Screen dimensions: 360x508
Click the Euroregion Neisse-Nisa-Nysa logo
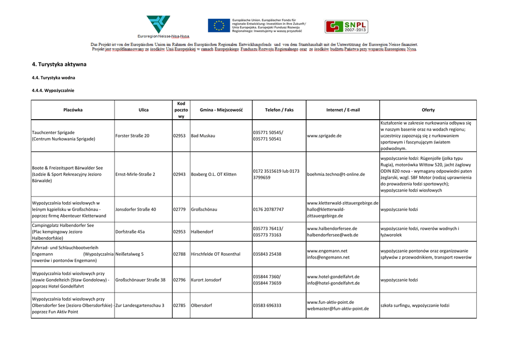[x=158, y=26]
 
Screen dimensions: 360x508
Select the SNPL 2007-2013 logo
[x=346, y=27]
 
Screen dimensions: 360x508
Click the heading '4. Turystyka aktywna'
[x=59, y=65]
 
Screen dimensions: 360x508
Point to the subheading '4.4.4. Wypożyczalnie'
[x=53, y=90]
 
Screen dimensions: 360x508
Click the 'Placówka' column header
[x=73, y=110]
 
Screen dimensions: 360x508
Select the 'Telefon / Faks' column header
[x=279, y=110]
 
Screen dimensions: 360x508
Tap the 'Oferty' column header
[x=428, y=110]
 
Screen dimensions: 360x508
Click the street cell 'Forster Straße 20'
[x=132, y=136]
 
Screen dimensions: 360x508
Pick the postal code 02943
[x=179, y=174]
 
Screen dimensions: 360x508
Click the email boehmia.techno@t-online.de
[x=336, y=174]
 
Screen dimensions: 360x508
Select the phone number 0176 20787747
[x=268, y=210]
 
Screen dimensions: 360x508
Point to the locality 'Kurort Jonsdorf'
[x=206, y=280]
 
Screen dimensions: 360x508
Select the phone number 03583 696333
[x=267, y=305]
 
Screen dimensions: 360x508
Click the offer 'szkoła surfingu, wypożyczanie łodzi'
[x=415, y=305]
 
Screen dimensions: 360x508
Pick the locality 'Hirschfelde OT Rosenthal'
[x=215, y=254]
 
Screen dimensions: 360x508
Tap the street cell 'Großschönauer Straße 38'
[x=140, y=280]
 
